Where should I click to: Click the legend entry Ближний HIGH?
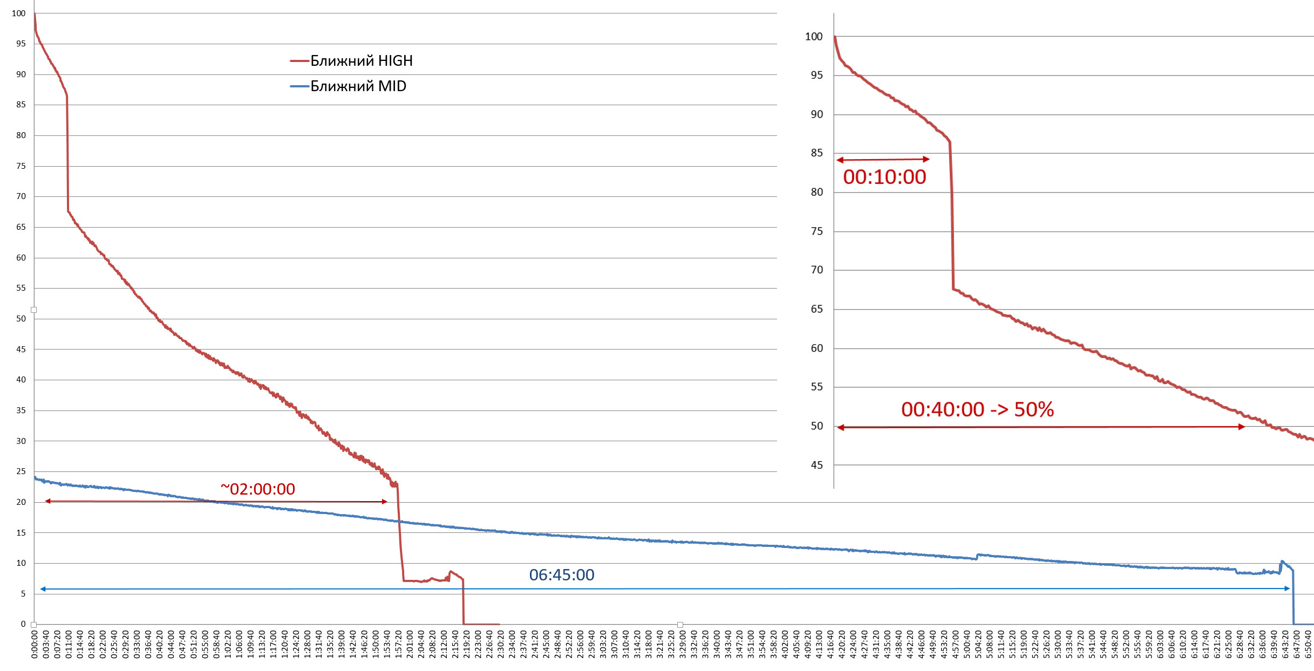click(361, 61)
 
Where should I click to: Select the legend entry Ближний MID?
click(358, 86)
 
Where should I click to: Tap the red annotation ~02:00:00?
click(258, 489)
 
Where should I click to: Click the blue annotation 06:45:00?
click(561, 575)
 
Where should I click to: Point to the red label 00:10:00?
click(884, 177)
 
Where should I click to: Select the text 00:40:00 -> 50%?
click(977, 409)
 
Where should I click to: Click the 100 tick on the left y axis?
click(19, 13)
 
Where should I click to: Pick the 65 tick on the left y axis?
click(21, 227)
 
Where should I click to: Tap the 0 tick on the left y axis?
click(23, 624)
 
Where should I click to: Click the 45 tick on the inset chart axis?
click(816, 465)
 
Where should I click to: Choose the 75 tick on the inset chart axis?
click(816, 231)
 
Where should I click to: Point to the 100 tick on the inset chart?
click(814, 37)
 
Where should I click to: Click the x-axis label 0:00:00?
click(35, 644)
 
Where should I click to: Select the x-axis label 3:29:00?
click(683, 644)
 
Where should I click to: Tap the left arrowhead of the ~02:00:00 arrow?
click(48, 501)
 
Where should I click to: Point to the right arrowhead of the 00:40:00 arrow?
click(1242, 427)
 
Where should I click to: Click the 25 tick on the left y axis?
click(21, 471)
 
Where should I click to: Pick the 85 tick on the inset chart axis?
click(816, 153)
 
